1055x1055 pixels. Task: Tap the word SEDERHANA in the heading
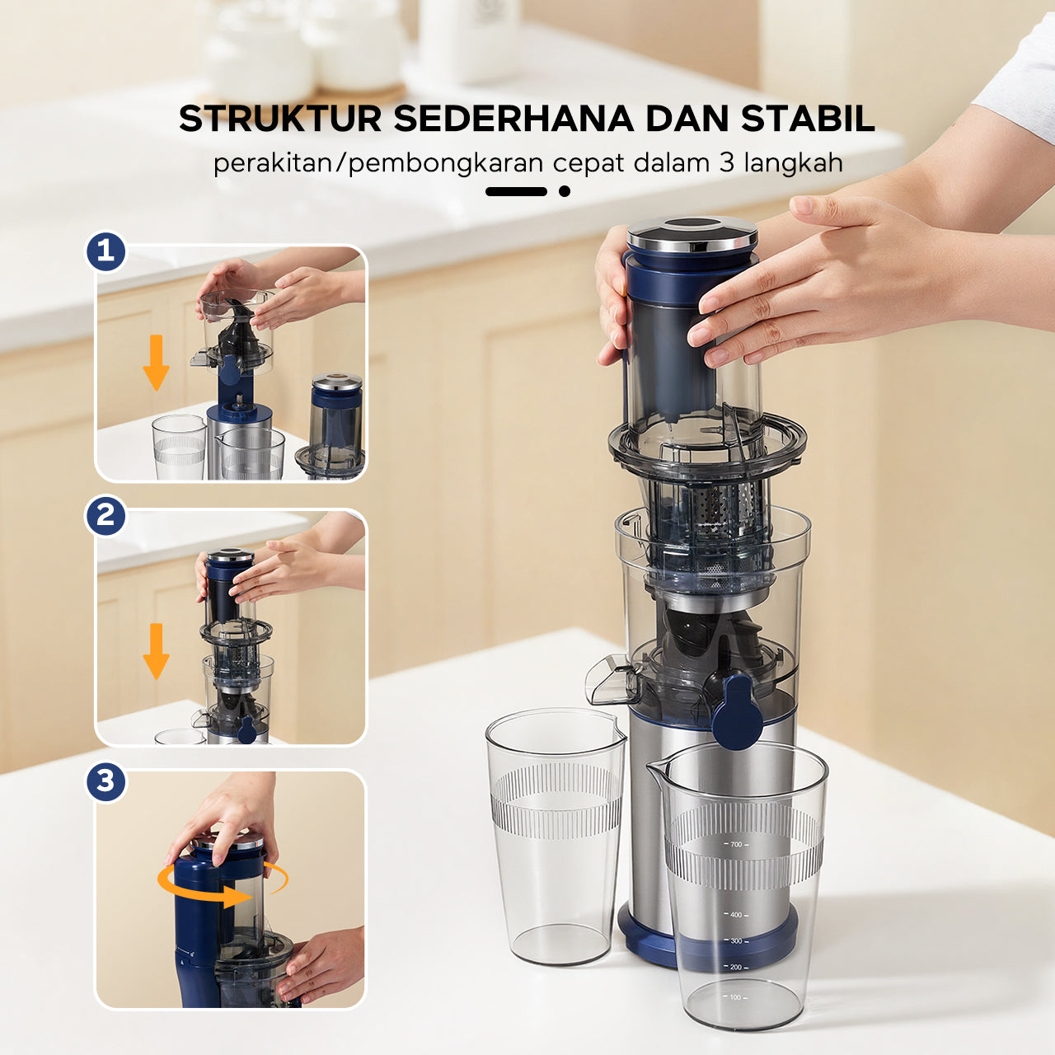(513, 119)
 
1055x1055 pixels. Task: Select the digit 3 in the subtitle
(726, 162)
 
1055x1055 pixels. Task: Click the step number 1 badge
(106, 251)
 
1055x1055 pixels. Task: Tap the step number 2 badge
(106, 516)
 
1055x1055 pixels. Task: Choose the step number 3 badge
(106, 781)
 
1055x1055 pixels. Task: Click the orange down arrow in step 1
(156, 363)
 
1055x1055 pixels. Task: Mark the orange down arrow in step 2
(156, 651)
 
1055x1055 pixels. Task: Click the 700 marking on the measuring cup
(735, 845)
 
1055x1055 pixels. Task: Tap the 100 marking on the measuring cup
(735, 997)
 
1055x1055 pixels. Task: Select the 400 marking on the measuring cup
(735, 915)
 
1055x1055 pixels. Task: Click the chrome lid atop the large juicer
(692, 233)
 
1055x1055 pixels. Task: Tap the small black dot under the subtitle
(565, 191)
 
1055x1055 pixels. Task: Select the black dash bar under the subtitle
(516, 191)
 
